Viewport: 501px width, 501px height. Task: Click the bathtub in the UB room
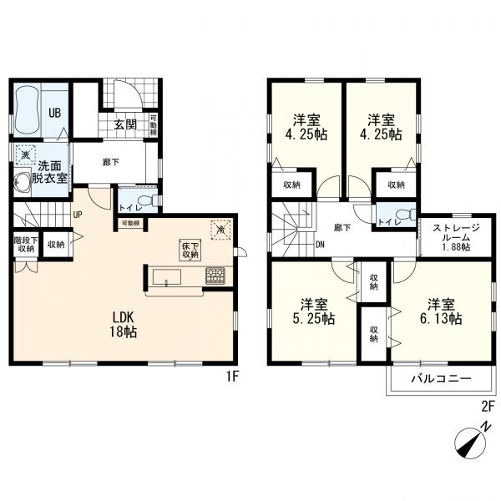pos(28,110)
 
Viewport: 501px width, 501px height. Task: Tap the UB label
pos(54,113)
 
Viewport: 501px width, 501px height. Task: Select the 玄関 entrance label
pos(125,124)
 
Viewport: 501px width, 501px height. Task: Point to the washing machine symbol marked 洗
pos(25,154)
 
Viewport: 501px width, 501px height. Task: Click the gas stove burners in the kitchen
pos(215,276)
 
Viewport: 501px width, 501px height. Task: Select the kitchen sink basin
pos(166,276)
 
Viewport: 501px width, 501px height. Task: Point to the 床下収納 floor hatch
pos(190,250)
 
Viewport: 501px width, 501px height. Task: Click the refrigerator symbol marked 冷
pos(220,229)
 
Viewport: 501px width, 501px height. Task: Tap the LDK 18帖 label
pos(124,325)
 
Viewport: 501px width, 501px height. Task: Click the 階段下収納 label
pos(26,244)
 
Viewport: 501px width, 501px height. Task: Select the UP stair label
pos(78,215)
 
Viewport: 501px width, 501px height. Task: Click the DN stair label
pos(320,245)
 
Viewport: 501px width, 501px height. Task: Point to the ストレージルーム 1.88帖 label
pos(456,238)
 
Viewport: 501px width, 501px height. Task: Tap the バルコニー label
pos(441,379)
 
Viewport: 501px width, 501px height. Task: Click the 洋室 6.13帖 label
pos(441,311)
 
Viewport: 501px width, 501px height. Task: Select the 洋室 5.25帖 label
pos(314,311)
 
